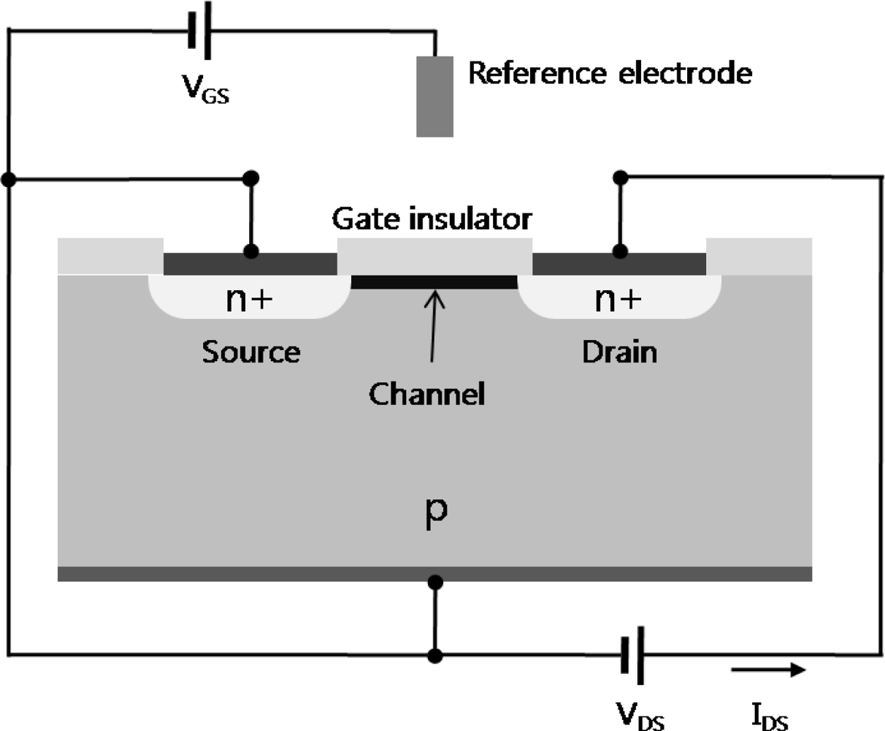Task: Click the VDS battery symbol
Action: [x=632, y=655]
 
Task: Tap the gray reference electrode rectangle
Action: [x=434, y=96]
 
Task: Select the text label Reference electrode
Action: [x=610, y=73]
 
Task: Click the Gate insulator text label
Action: [x=432, y=219]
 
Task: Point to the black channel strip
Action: [x=434, y=282]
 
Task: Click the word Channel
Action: [x=426, y=395]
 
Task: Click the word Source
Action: [x=250, y=352]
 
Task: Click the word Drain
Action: [x=619, y=352]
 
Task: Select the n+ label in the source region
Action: [x=249, y=300]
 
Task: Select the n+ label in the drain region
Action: [x=618, y=300]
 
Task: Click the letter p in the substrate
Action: [x=435, y=512]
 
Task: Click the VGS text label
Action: [x=205, y=91]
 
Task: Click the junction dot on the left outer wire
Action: [x=9, y=178]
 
